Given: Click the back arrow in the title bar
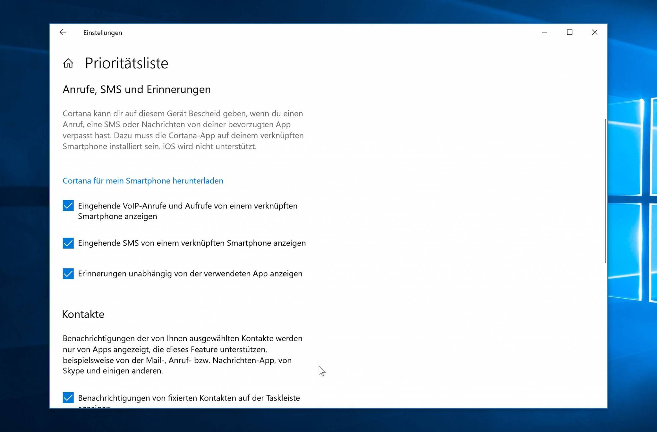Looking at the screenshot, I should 63,32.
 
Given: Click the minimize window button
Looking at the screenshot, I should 544,32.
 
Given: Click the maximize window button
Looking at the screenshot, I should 569,32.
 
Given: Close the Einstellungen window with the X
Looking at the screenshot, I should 594,32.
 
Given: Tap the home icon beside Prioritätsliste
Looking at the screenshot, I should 68,63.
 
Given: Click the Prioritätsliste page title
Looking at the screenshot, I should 126,63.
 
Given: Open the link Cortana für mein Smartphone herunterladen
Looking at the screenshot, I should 143,181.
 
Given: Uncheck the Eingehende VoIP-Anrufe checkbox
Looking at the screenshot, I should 68,206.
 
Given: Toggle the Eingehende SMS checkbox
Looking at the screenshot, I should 68,243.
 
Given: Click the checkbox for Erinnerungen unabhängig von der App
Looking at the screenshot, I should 68,274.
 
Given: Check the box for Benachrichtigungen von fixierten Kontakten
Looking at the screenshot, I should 68,398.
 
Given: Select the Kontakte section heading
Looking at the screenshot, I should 83,314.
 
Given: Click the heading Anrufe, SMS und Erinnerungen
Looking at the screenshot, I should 137,89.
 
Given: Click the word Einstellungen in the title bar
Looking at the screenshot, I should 103,33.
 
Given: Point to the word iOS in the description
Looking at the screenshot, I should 169,147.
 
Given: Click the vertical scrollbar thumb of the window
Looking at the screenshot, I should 605,191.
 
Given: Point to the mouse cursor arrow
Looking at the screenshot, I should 321,370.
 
